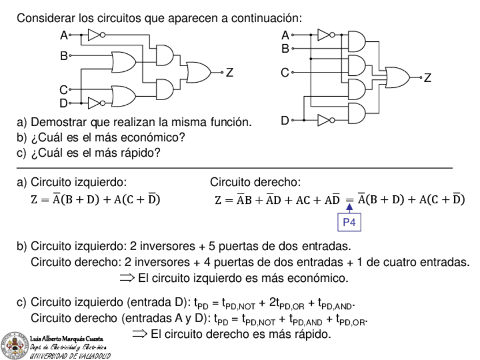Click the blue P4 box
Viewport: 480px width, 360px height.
(349, 223)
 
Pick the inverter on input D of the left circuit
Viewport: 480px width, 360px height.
(95, 102)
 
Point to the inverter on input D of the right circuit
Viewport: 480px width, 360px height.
(324, 119)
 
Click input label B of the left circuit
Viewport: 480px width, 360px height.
(63, 56)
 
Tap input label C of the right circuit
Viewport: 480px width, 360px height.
(285, 72)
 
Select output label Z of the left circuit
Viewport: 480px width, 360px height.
(229, 72)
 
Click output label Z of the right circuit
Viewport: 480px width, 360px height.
(427, 78)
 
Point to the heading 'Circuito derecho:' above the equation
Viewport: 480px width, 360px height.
(255, 182)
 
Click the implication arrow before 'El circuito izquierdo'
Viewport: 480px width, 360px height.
(128, 278)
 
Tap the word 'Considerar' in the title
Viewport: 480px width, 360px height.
(45, 18)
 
